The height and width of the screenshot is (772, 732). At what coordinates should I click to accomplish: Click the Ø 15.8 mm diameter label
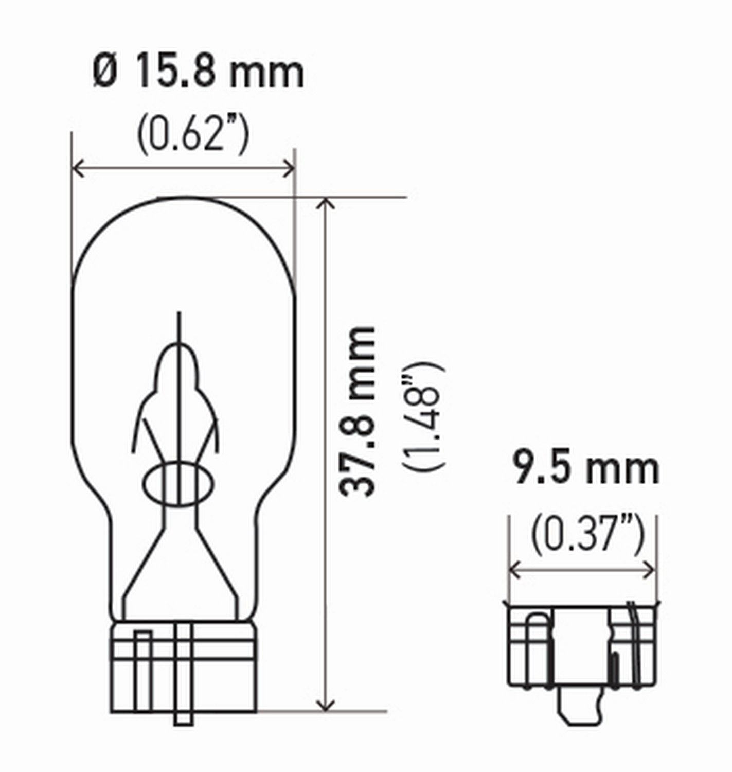point(199,73)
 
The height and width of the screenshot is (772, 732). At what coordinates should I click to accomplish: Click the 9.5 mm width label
point(586,469)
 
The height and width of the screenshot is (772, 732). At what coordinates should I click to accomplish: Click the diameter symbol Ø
point(105,73)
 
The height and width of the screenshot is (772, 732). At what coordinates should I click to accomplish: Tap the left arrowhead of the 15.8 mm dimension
point(77,168)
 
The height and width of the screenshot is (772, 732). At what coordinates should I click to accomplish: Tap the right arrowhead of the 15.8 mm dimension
point(290,168)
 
